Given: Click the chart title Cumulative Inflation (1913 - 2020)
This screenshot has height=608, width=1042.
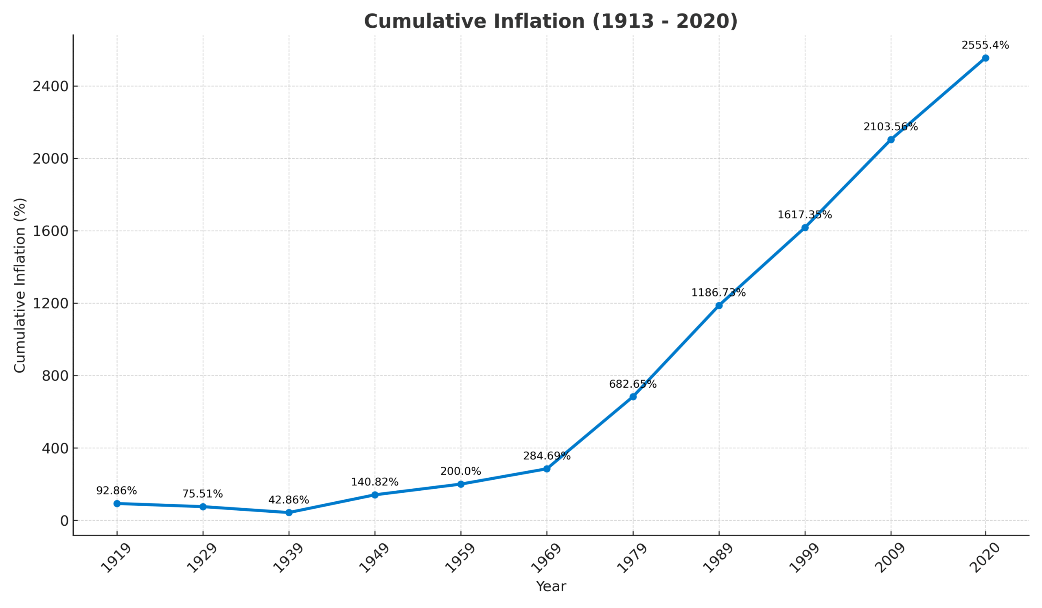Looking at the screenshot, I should pyautogui.click(x=550, y=22).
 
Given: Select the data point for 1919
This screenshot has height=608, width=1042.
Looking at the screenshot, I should pyautogui.click(x=117, y=503).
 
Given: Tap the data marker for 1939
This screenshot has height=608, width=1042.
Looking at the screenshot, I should pyautogui.click(x=289, y=512).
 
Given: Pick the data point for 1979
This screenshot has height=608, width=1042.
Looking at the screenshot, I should pyautogui.click(x=633, y=397).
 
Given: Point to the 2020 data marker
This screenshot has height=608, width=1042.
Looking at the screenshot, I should pyautogui.click(x=985, y=58).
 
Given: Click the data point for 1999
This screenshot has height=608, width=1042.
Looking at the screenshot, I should pyautogui.click(x=805, y=228).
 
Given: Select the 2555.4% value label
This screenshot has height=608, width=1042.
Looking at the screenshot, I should pyautogui.click(x=985, y=46).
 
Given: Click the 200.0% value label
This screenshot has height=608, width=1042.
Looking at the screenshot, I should pyautogui.click(x=461, y=472).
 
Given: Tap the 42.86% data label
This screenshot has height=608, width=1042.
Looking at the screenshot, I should pyautogui.click(x=289, y=500).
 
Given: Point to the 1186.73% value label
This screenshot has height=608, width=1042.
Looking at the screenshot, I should pyautogui.click(x=718, y=293).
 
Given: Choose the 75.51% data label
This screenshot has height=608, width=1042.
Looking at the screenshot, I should pyautogui.click(x=203, y=494).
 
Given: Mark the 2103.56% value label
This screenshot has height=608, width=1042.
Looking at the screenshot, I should pyautogui.click(x=890, y=127).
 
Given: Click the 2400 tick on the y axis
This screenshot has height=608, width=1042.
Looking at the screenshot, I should pyautogui.click(x=50, y=86).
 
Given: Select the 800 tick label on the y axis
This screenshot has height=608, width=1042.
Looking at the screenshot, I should pyautogui.click(x=55, y=376).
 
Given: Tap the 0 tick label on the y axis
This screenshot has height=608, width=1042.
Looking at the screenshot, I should pyautogui.click(x=64, y=521).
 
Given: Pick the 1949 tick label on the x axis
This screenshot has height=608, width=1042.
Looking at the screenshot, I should pyautogui.click(x=374, y=558).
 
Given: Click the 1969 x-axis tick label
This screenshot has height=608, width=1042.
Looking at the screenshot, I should pyautogui.click(x=546, y=558).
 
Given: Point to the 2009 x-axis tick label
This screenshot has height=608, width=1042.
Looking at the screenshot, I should pyautogui.click(x=890, y=558).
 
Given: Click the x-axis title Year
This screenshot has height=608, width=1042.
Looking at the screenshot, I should pyautogui.click(x=551, y=586).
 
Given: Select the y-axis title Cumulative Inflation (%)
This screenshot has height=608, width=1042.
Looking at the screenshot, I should pyautogui.click(x=20, y=285).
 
